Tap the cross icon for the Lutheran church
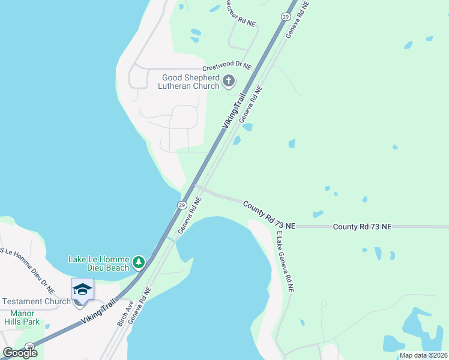tap(228, 81)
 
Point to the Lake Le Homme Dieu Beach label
tap(99, 263)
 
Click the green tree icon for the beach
tap(139, 262)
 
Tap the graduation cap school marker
tap(82, 290)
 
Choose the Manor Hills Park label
tap(25, 317)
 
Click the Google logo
tap(20, 353)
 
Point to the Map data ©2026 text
tap(423, 355)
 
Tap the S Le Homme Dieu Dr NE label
tap(28, 269)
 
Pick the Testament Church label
tap(35, 301)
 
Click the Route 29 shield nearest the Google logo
tap(29, 346)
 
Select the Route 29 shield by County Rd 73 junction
tap(181, 205)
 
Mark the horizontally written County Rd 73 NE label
tap(362, 227)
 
